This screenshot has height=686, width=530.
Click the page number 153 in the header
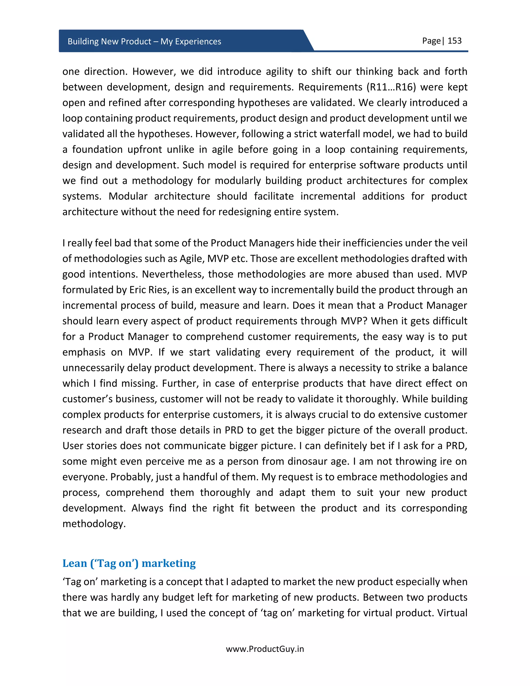pyautogui.click(x=454, y=41)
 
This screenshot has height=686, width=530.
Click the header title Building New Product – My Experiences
pyautogui.click(x=144, y=41)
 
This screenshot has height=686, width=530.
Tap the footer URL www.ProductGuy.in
pyautogui.click(x=265, y=649)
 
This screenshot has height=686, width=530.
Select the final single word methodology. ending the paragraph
pyautogui.click(x=94, y=524)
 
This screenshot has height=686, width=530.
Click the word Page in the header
pyautogui.click(x=431, y=41)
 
